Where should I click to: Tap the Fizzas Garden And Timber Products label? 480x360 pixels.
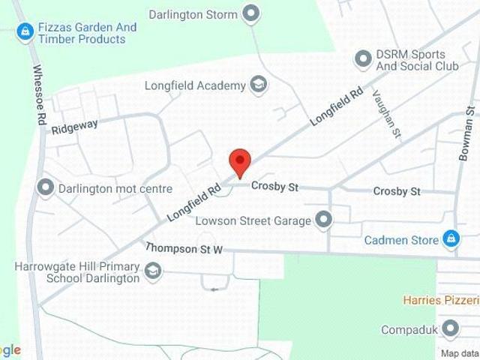tap(87, 33)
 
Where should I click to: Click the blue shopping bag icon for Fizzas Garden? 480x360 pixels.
tap(25, 32)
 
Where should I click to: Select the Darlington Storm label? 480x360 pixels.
tap(193, 14)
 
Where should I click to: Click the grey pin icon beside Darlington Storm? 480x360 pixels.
tap(252, 13)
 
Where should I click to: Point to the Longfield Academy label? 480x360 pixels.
tap(195, 85)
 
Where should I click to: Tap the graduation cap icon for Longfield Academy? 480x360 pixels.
tap(259, 85)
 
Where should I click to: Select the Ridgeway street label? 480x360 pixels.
tap(74, 127)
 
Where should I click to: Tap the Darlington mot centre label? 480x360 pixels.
tap(115, 188)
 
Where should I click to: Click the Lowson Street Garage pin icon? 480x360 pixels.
tap(323, 220)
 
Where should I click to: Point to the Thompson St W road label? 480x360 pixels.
tap(184, 247)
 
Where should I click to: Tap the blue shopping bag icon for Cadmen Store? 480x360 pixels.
tap(451, 240)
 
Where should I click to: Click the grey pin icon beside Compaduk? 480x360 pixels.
tap(451, 329)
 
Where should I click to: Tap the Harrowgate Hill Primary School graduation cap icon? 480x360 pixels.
tap(152, 271)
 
